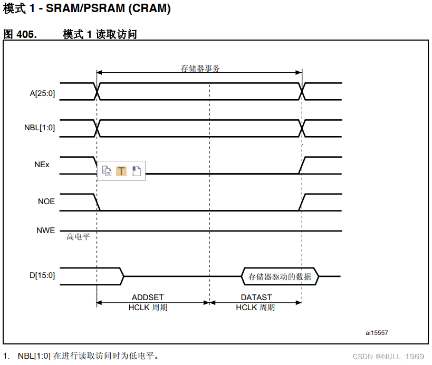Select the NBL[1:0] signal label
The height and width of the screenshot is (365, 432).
click(x=40, y=128)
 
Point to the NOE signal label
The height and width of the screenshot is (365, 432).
click(x=46, y=201)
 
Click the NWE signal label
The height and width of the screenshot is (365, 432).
click(x=46, y=230)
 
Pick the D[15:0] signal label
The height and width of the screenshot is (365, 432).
click(x=42, y=275)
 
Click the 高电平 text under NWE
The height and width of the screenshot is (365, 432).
click(x=79, y=237)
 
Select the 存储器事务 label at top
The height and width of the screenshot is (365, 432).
click(x=200, y=69)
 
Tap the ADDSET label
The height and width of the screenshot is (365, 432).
click(x=148, y=298)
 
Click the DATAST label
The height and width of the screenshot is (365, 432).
click(x=256, y=298)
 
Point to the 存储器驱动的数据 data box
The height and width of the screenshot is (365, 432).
click(x=280, y=276)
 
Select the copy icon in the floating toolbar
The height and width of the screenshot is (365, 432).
click(x=107, y=171)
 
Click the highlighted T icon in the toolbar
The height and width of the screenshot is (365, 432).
click(x=121, y=171)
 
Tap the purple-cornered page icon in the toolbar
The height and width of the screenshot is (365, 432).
click(x=136, y=171)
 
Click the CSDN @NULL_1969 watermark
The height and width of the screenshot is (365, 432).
click(x=388, y=357)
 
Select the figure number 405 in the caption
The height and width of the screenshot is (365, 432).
click(x=26, y=34)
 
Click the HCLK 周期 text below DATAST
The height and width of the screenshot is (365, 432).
click(x=256, y=308)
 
